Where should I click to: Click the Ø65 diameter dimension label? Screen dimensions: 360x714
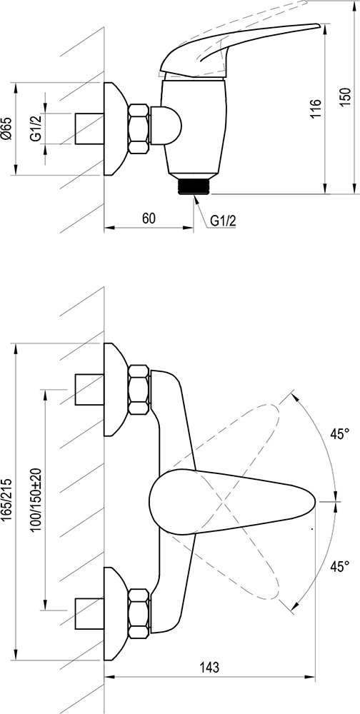point(6,129)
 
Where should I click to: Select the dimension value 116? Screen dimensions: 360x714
point(316,109)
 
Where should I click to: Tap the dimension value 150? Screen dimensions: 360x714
point(346,97)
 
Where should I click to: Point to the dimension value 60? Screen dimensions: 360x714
point(149,218)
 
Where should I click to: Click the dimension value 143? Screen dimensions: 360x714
point(210,668)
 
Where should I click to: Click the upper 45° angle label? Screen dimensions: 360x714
point(339,434)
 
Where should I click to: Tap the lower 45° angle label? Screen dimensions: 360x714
point(339,566)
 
